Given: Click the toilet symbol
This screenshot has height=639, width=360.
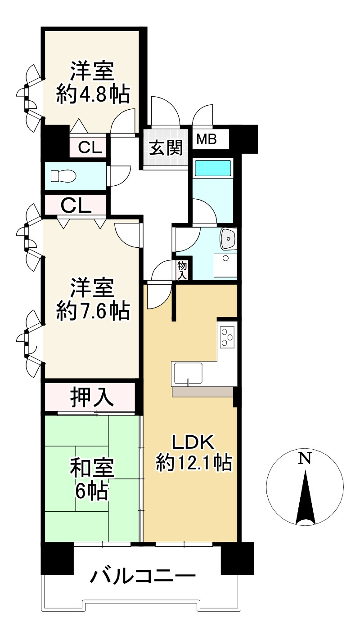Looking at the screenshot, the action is tap(63, 176).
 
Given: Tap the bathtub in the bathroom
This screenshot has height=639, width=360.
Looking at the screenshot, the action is tap(212, 169).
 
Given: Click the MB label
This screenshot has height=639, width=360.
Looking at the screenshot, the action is tap(207, 139).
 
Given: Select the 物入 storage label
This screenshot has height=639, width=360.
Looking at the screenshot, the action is tap(182, 270).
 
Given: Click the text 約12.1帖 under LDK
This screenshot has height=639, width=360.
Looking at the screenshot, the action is tap(194, 463).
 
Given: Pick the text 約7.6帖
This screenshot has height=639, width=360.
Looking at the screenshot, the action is tap(93, 311).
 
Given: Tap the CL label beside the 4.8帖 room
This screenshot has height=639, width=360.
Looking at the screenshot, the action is tap(90, 147).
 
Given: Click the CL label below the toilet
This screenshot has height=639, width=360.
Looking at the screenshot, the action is tap(76, 206).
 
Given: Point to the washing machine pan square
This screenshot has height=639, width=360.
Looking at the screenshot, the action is tap(225, 265).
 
